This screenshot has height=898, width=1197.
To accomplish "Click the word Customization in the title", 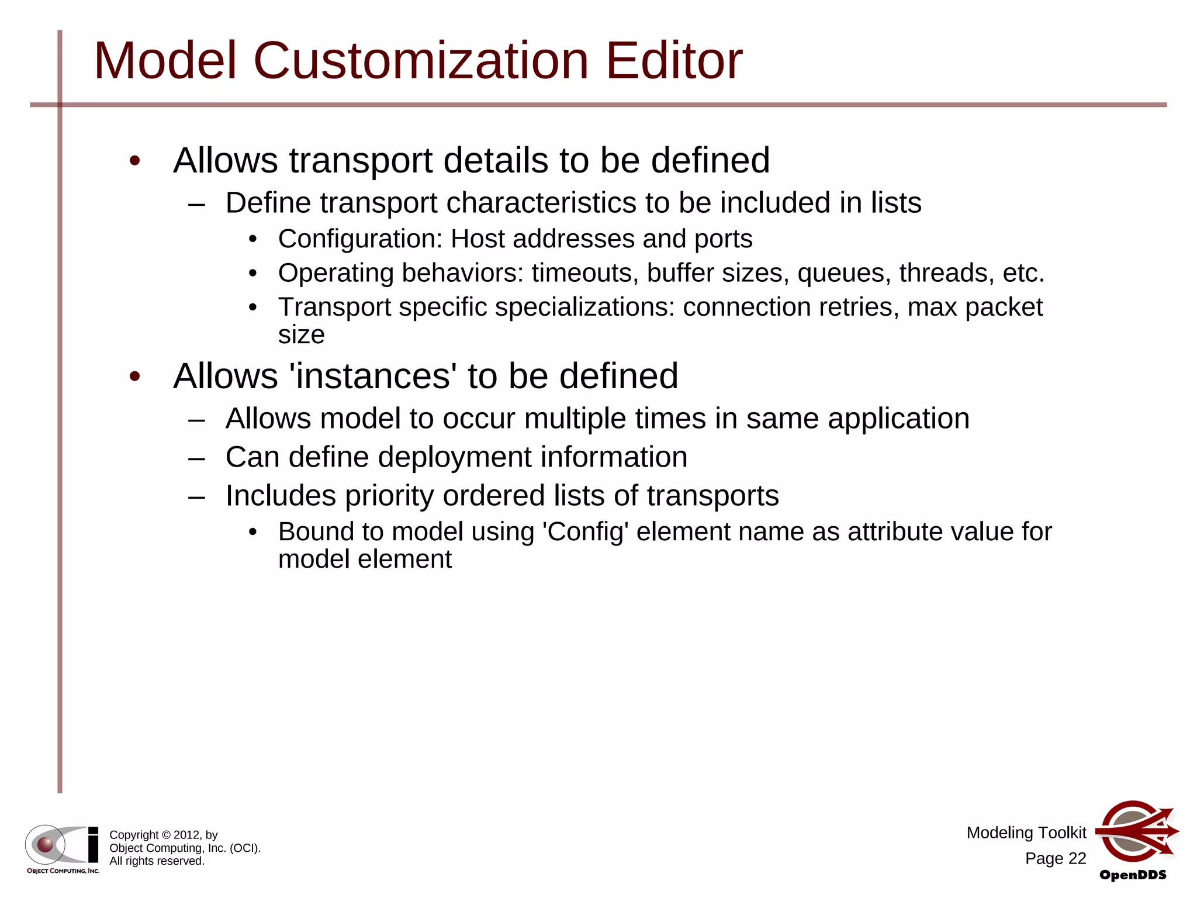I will [421, 61].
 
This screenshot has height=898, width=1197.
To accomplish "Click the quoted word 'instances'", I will [373, 375].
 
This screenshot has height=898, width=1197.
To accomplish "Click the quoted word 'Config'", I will [586, 532].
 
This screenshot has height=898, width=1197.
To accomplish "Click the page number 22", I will [1077, 858].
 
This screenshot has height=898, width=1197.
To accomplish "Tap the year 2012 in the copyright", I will [187, 835].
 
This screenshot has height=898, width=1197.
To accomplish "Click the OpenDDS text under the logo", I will [1133, 875].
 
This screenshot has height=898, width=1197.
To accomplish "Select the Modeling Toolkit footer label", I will [1026, 833].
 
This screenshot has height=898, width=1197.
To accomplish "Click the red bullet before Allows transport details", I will [135, 161].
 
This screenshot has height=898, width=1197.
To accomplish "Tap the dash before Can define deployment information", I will [197, 458].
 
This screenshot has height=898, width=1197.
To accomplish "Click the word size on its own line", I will [301, 335].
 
